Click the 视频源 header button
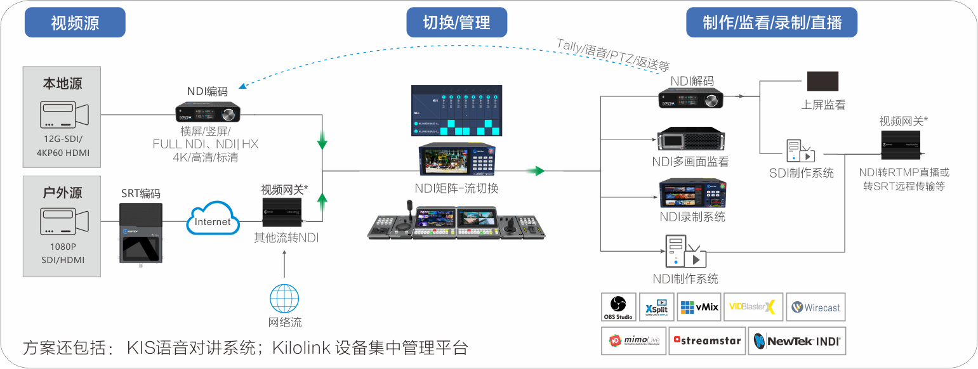tap(75, 23)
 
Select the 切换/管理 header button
tap(456, 23)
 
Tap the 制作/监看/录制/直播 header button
tap(772, 23)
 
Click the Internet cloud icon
tap(213, 219)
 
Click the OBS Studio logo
tap(618, 307)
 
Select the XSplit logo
tap(656, 307)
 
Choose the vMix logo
tap(699, 307)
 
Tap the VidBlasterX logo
tap(753, 307)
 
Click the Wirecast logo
tap(816, 307)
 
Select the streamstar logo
tap(708, 341)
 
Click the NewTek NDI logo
tap(796, 341)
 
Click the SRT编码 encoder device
tap(141, 233)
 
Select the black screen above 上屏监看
tap(822, 81)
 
